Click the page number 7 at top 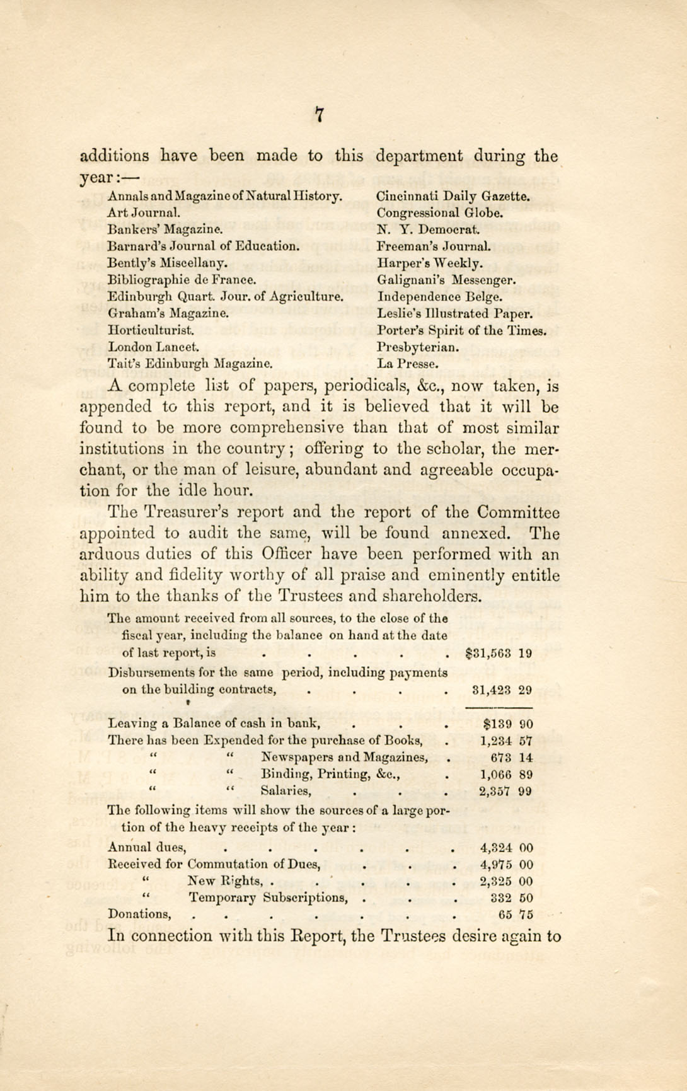[x=320, y=115]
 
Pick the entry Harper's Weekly [x=430, y=263]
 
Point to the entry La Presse [x=408, y=364]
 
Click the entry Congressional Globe [x=440, y=213]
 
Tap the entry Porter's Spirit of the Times [x=461, y=330]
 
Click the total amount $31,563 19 [x=499, y=653]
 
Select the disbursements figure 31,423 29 [x=502, y=690]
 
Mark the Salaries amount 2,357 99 [x=505, y=791]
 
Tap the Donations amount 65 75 [x=515, y=915]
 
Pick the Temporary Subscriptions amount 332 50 [x=511, y=898]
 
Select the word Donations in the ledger [x=139, y=914]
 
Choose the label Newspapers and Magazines [x=345, y=758]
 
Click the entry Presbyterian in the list [x=418, y=347]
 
